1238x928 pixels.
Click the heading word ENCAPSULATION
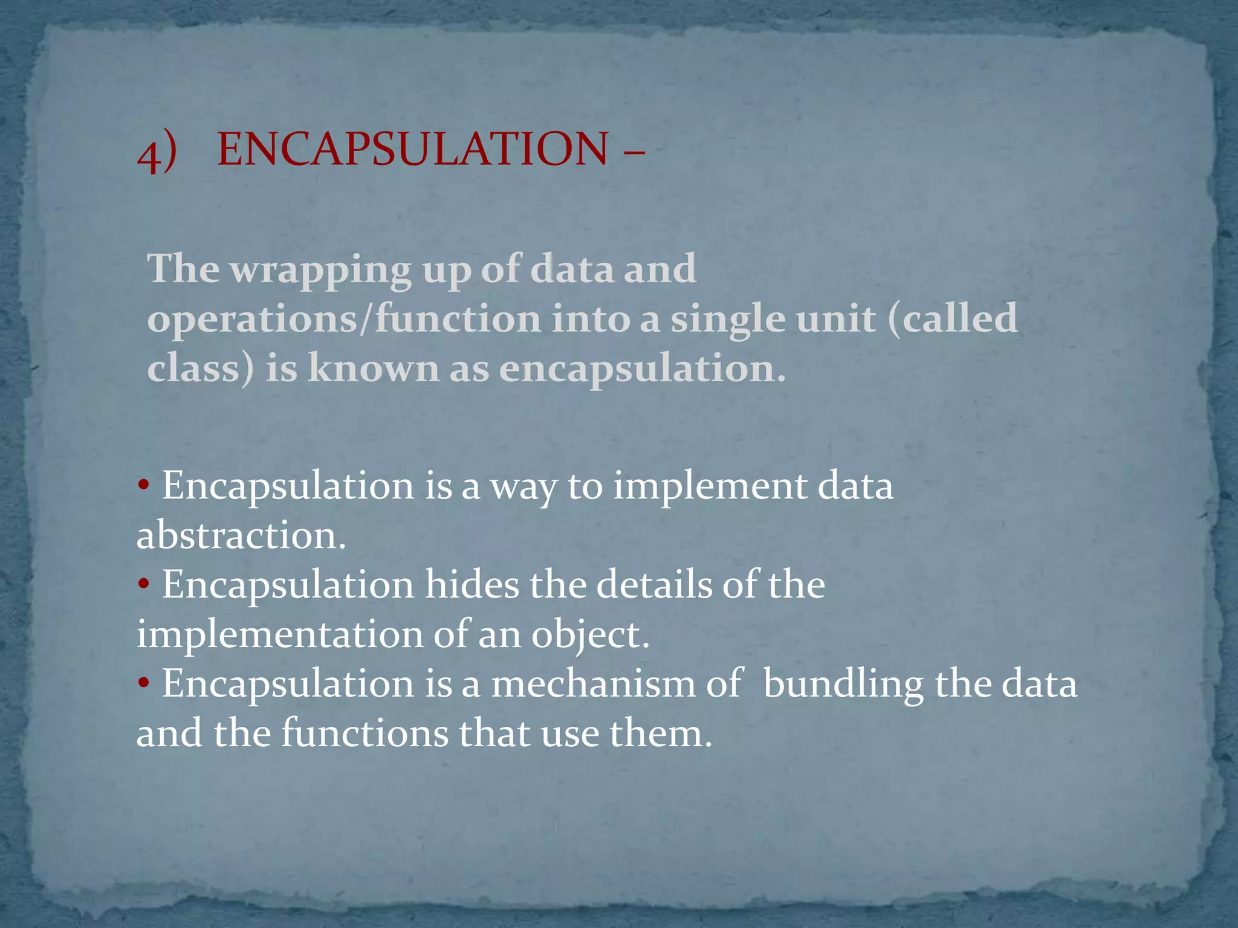point(412,149)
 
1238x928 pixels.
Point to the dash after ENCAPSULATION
point(633,150)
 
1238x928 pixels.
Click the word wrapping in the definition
point(321,269)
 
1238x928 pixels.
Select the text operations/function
point(344,320)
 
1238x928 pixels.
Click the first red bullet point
point(143,485)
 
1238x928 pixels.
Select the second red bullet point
point(143,584)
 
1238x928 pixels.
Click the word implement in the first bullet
point(710,487)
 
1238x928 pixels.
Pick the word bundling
point(843,685)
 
